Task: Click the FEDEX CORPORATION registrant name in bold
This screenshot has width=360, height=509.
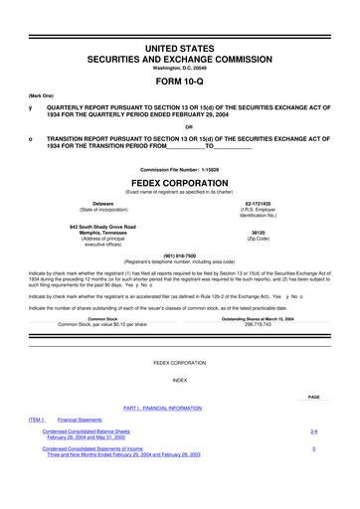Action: click(x=179, y=184)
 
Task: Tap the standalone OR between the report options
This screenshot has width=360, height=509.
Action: click(x=179, y=126)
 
